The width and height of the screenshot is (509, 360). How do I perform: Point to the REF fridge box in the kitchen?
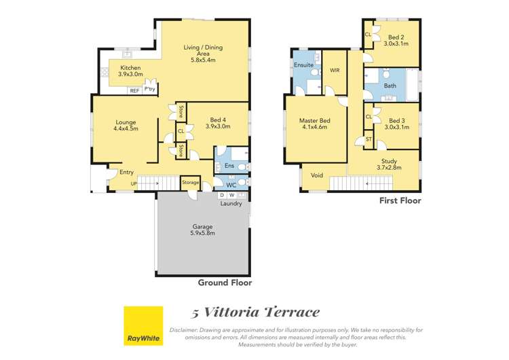click(134, 90)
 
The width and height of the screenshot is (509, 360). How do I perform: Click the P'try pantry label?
click(149, 89)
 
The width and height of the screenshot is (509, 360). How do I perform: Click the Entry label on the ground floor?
click(127, 173)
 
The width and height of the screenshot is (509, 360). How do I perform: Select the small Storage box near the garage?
click(190, 182)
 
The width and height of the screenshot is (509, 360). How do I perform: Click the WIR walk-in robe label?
click(335, 70)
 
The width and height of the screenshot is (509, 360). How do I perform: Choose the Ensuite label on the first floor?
click(303, 65)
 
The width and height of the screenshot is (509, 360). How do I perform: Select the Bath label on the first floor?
click(390, 86)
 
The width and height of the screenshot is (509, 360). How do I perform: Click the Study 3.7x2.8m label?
click(390, 164)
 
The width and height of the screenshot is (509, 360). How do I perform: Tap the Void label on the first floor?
click(317, 175)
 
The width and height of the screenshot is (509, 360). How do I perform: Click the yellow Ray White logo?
click(143, 325)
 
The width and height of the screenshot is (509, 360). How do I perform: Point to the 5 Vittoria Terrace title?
click(254, 312)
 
